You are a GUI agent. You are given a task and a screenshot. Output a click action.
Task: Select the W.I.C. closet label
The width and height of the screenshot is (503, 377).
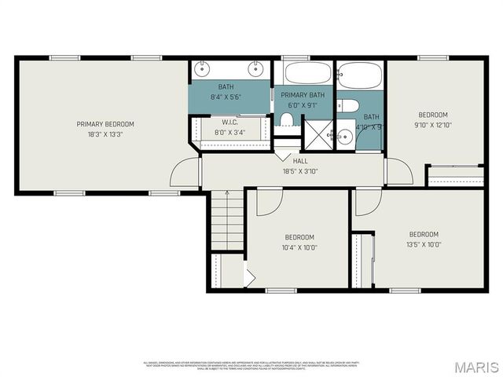click(x=229, y=123)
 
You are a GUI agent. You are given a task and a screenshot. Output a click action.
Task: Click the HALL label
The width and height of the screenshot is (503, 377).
click(x=300, y=161)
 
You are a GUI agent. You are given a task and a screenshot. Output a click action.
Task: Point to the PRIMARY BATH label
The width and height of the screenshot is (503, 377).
click(x=303, y=95)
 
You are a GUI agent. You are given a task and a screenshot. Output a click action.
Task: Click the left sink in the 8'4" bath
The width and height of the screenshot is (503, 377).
click(x=202, y=67)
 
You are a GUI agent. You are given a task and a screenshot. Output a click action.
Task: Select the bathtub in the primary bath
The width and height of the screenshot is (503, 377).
click(x=308, y=73)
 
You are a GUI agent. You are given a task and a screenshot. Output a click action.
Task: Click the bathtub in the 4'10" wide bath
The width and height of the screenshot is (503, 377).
click(x=360, y=76)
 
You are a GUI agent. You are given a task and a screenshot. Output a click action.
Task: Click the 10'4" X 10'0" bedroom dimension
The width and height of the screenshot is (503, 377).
click(x=299, y=247)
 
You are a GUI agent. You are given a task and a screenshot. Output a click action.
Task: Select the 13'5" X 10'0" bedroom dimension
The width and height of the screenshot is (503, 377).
click(x=423, y=244)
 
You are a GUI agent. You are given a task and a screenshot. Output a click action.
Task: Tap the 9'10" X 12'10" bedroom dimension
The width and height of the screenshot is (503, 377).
click(x=434, y=124)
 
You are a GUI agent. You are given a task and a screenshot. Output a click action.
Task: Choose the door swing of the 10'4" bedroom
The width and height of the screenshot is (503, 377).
click(x=268, y=202)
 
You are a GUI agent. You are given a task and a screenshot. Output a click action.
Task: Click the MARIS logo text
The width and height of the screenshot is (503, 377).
click(x=476, y=367)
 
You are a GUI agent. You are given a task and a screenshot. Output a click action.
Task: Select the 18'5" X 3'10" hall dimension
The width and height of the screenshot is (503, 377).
click(x=300, y=171)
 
